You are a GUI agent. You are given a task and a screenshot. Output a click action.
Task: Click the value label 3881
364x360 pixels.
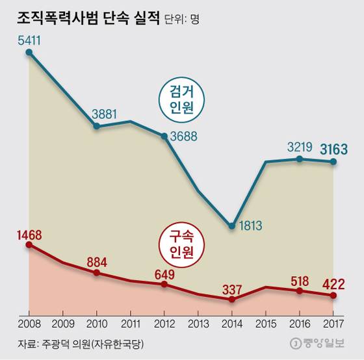[105, 113]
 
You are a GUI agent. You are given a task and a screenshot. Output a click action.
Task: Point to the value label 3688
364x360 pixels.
[185, 137]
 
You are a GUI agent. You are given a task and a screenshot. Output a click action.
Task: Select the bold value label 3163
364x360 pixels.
[333, 150]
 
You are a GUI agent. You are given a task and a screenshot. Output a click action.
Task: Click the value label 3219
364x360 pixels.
[300, 147]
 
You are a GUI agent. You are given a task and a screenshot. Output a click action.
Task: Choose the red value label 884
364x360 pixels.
[96, 262]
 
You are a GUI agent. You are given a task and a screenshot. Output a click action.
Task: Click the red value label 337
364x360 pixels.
[232, 287]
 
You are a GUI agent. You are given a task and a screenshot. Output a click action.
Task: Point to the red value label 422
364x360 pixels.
[333, 283]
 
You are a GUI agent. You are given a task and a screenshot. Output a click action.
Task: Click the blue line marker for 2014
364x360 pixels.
[232, 226]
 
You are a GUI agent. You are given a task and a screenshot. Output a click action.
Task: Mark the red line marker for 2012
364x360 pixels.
[164, 284]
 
